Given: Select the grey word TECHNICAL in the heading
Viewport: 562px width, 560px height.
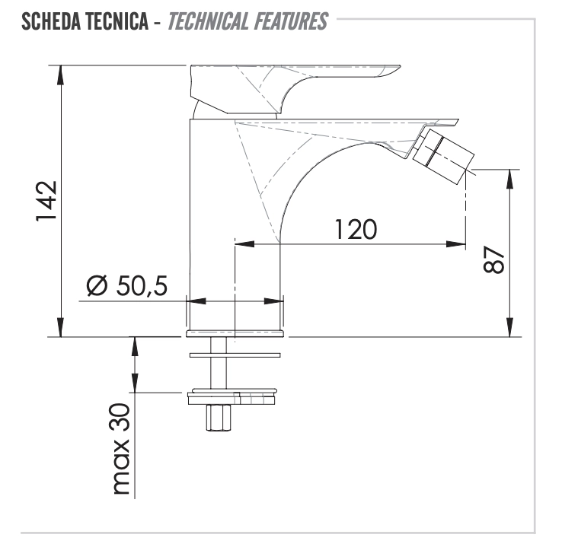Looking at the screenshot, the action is point(208,21).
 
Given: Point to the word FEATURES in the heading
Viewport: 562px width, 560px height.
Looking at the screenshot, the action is point(291,21).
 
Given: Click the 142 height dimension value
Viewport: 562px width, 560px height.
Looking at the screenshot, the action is point(46,201).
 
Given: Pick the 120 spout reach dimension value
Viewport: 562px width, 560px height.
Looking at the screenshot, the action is point(356,229).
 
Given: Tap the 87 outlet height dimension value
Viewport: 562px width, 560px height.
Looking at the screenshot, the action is point(494,259).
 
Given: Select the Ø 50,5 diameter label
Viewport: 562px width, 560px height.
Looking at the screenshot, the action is point(127,286).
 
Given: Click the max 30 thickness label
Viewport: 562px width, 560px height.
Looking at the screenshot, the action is point(121,449).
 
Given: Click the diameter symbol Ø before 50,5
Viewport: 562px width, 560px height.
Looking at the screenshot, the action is point(97,286).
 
